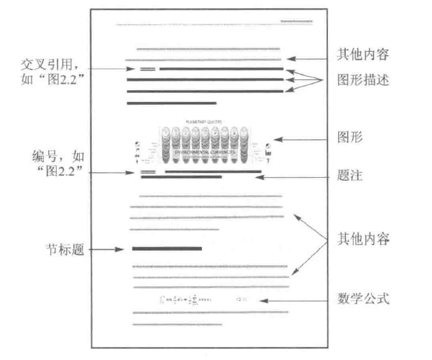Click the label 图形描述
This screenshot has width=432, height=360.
(364, 80)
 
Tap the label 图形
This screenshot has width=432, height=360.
(353, 138)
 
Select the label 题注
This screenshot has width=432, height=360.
(352, 177)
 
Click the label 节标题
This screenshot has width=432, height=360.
(63, 250)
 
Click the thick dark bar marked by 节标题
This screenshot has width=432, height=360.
(167, 248)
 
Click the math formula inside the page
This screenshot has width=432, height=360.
(200, 299)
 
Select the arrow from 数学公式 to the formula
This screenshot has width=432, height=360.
(296, 300)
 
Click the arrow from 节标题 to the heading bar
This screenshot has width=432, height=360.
(107, 250)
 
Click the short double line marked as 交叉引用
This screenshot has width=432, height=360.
(147, 69)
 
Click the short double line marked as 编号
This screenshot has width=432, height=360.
(147, 170)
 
